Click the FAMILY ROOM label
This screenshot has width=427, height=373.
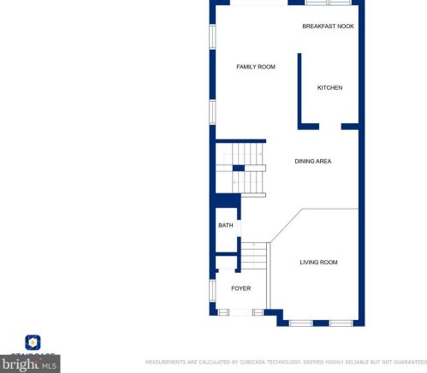255,67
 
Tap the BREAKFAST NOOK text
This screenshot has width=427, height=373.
328,27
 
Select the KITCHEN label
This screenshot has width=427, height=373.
329,88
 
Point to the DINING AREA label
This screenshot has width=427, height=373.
312,161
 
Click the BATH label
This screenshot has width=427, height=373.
225,226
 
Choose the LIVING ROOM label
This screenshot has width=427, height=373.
318,263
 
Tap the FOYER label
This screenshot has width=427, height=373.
240,288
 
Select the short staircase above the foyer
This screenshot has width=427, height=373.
254,257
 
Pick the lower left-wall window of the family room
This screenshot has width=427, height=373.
213,112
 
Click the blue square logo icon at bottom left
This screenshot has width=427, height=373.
33,342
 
